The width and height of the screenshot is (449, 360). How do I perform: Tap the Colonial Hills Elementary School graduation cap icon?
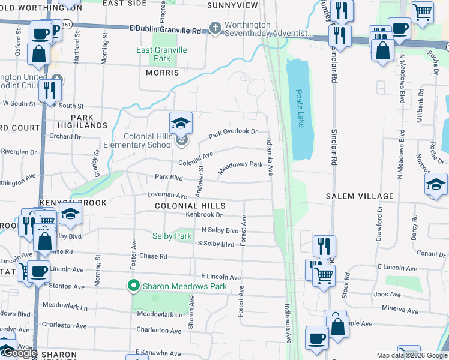click(x=181, y=123)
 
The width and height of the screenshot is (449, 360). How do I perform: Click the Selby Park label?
click(x=172, y=236)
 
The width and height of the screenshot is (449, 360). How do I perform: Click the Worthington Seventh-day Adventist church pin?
click(x=215, y=28)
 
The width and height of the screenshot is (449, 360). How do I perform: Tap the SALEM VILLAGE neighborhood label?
click(x=360, y=196)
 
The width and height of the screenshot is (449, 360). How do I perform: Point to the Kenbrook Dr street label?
click(x=204, y=215)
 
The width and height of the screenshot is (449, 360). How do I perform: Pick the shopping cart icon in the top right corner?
click(x=422, y=11)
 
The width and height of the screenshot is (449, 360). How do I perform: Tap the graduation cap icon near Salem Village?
click(x=436, y=185)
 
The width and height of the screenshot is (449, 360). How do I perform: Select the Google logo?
click(x=20, y=353)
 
